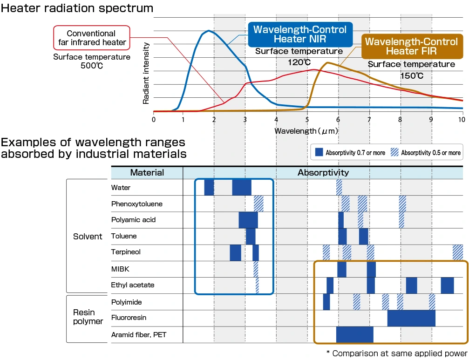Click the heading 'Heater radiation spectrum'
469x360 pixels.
pyautogui.click(x=77, y=8)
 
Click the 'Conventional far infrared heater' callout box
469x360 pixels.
pyautogui.click(x=91, y=38)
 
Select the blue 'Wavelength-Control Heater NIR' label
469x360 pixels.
pyautogui.click(x=299, y=34)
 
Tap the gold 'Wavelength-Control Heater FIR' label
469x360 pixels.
pyautogui.click(x=411, y=46)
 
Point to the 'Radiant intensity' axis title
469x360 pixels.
pyautogui.click(x=146, y=73)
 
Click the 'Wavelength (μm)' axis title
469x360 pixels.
pyautogui.click(x=306, y=131)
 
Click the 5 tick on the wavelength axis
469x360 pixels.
pyautogui.click(x=307, y=119)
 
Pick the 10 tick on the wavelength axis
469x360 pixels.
pyautogui.click(x=461, y=119)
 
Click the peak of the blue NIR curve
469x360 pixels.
pyautogui.click(x=209, y=31)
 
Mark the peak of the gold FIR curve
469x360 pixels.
pyautogui.click(x=327, y=63)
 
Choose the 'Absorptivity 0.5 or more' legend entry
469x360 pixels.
pyautogui.click(x=426, y=152)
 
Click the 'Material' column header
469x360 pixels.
pyautogui.click(x=147, y=173)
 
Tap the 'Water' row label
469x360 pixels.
pyautogui.click(x=121, y=188)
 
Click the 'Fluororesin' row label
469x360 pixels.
pyautogui.click(x=129, y=318)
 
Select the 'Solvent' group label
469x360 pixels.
pyautogui.click(x=88, y=237)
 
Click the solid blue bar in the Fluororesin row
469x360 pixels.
pyautogui.click(x=411, y=318)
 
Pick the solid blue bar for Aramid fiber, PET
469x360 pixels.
pyautogui.click(x=354, y=334)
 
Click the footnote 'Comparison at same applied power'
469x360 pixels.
pyautogui.click(x=397, y=353)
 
